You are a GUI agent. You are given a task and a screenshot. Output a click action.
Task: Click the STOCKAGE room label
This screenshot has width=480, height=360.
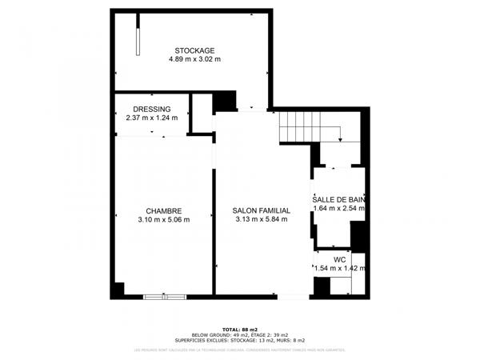(194, 50)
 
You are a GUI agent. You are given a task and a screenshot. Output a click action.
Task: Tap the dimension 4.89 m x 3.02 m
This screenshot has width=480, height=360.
(194, 59)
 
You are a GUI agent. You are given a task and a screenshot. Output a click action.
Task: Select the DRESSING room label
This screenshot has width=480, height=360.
(151, 109)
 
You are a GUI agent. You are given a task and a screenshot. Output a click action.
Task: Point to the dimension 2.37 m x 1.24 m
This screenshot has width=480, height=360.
(151, 118)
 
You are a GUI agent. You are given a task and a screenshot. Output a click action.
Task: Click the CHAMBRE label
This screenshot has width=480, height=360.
(163, 211)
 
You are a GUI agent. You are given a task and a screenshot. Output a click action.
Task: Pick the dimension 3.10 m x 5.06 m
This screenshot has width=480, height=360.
(163, 220)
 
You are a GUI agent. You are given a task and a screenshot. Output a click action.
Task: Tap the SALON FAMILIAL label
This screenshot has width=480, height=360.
(262, 211)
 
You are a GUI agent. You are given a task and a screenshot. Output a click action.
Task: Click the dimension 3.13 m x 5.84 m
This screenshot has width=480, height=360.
(262, 220)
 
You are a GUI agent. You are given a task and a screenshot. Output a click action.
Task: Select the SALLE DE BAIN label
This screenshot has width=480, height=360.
(338, 199)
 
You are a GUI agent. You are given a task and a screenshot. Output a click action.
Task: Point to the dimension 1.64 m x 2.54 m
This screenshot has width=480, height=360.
(338, 208)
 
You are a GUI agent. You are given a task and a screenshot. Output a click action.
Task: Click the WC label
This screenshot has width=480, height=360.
(339, 259)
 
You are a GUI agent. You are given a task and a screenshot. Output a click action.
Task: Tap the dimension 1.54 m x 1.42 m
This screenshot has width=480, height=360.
(339, 268)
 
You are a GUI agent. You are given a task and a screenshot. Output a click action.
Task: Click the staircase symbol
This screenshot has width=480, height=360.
(307, 126)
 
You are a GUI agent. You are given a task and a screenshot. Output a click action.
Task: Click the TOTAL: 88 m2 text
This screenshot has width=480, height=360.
(239, 330)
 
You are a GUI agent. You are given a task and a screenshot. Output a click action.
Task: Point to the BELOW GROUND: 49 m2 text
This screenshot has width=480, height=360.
(218, 334)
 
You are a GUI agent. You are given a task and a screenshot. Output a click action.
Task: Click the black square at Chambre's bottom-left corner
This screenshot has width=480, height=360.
(118, 290)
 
